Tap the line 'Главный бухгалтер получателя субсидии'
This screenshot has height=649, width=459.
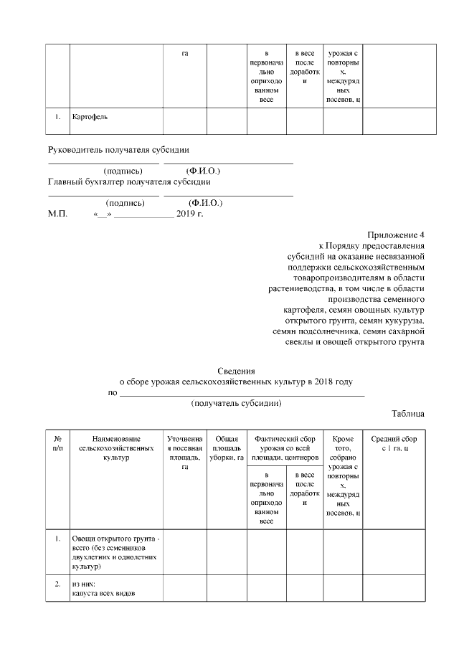pos(129,181)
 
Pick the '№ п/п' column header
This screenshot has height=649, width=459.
pos(57,443)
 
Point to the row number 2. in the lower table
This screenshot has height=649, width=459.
pos(57,584)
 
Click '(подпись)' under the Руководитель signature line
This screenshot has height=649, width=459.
pos(123,171)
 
